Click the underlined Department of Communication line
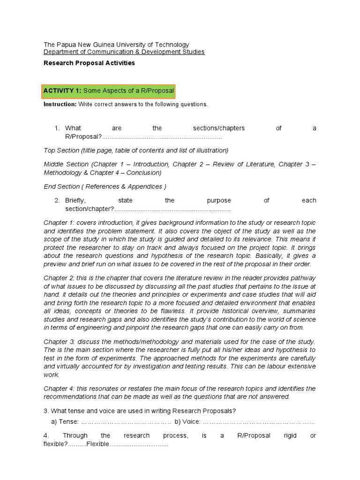(x=124, y=52)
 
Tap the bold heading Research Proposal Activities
(x=89, y=63)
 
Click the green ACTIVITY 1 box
(x=109, y=90)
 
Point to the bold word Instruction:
(x=60, y=104)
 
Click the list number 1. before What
(x=57, y=128)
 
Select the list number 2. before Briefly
(x=57, y=200)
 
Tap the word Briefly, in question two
(x=75, y=200)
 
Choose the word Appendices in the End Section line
(x=146, y=187)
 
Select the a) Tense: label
(x=62, y=422)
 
